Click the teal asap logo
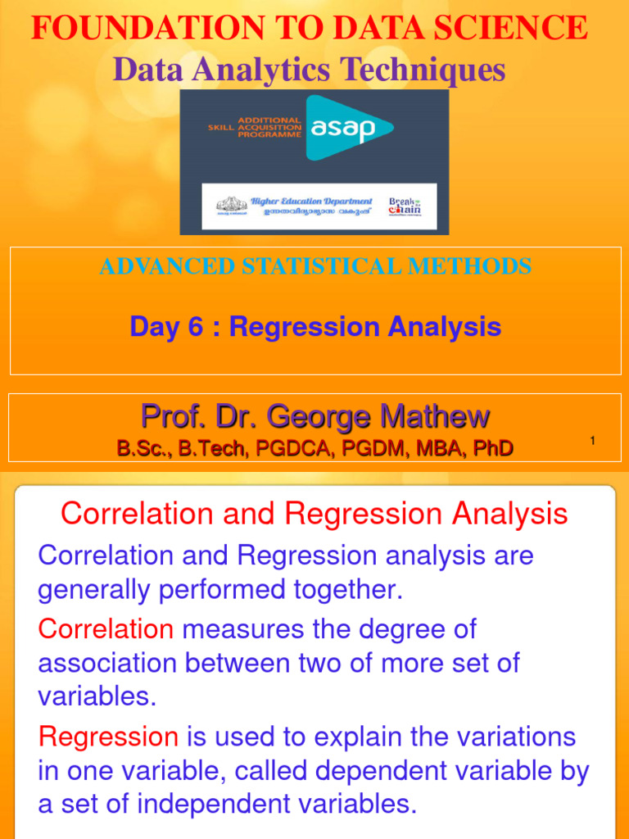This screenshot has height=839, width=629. tap(349, 127)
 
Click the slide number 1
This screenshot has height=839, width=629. tap(592, 442)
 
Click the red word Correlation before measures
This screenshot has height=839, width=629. tap(106, 629)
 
